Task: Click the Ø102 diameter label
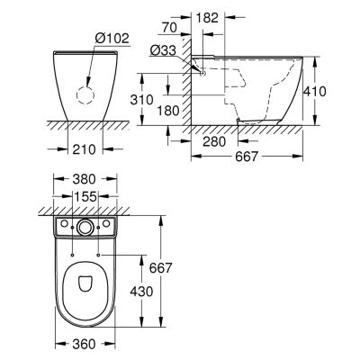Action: point(112,39)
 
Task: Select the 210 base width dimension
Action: point(85,149)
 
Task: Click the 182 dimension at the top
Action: point(207,18)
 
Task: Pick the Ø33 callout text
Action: point(163,50)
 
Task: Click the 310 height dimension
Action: point(142,100)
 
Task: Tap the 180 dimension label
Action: point(167,111)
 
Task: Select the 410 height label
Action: point(314,91)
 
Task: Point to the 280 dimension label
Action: point(214,141)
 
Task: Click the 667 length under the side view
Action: point(247,157)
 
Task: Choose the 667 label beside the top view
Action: point(161,268)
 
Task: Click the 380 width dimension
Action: point(85,179)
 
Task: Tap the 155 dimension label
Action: point(85,197)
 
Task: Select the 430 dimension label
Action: point(141,291)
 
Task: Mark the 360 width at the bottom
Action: point(85,344)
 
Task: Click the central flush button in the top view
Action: point(85,227)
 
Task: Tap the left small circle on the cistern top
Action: point(64,223)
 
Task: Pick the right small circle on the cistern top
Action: point(106,223)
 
